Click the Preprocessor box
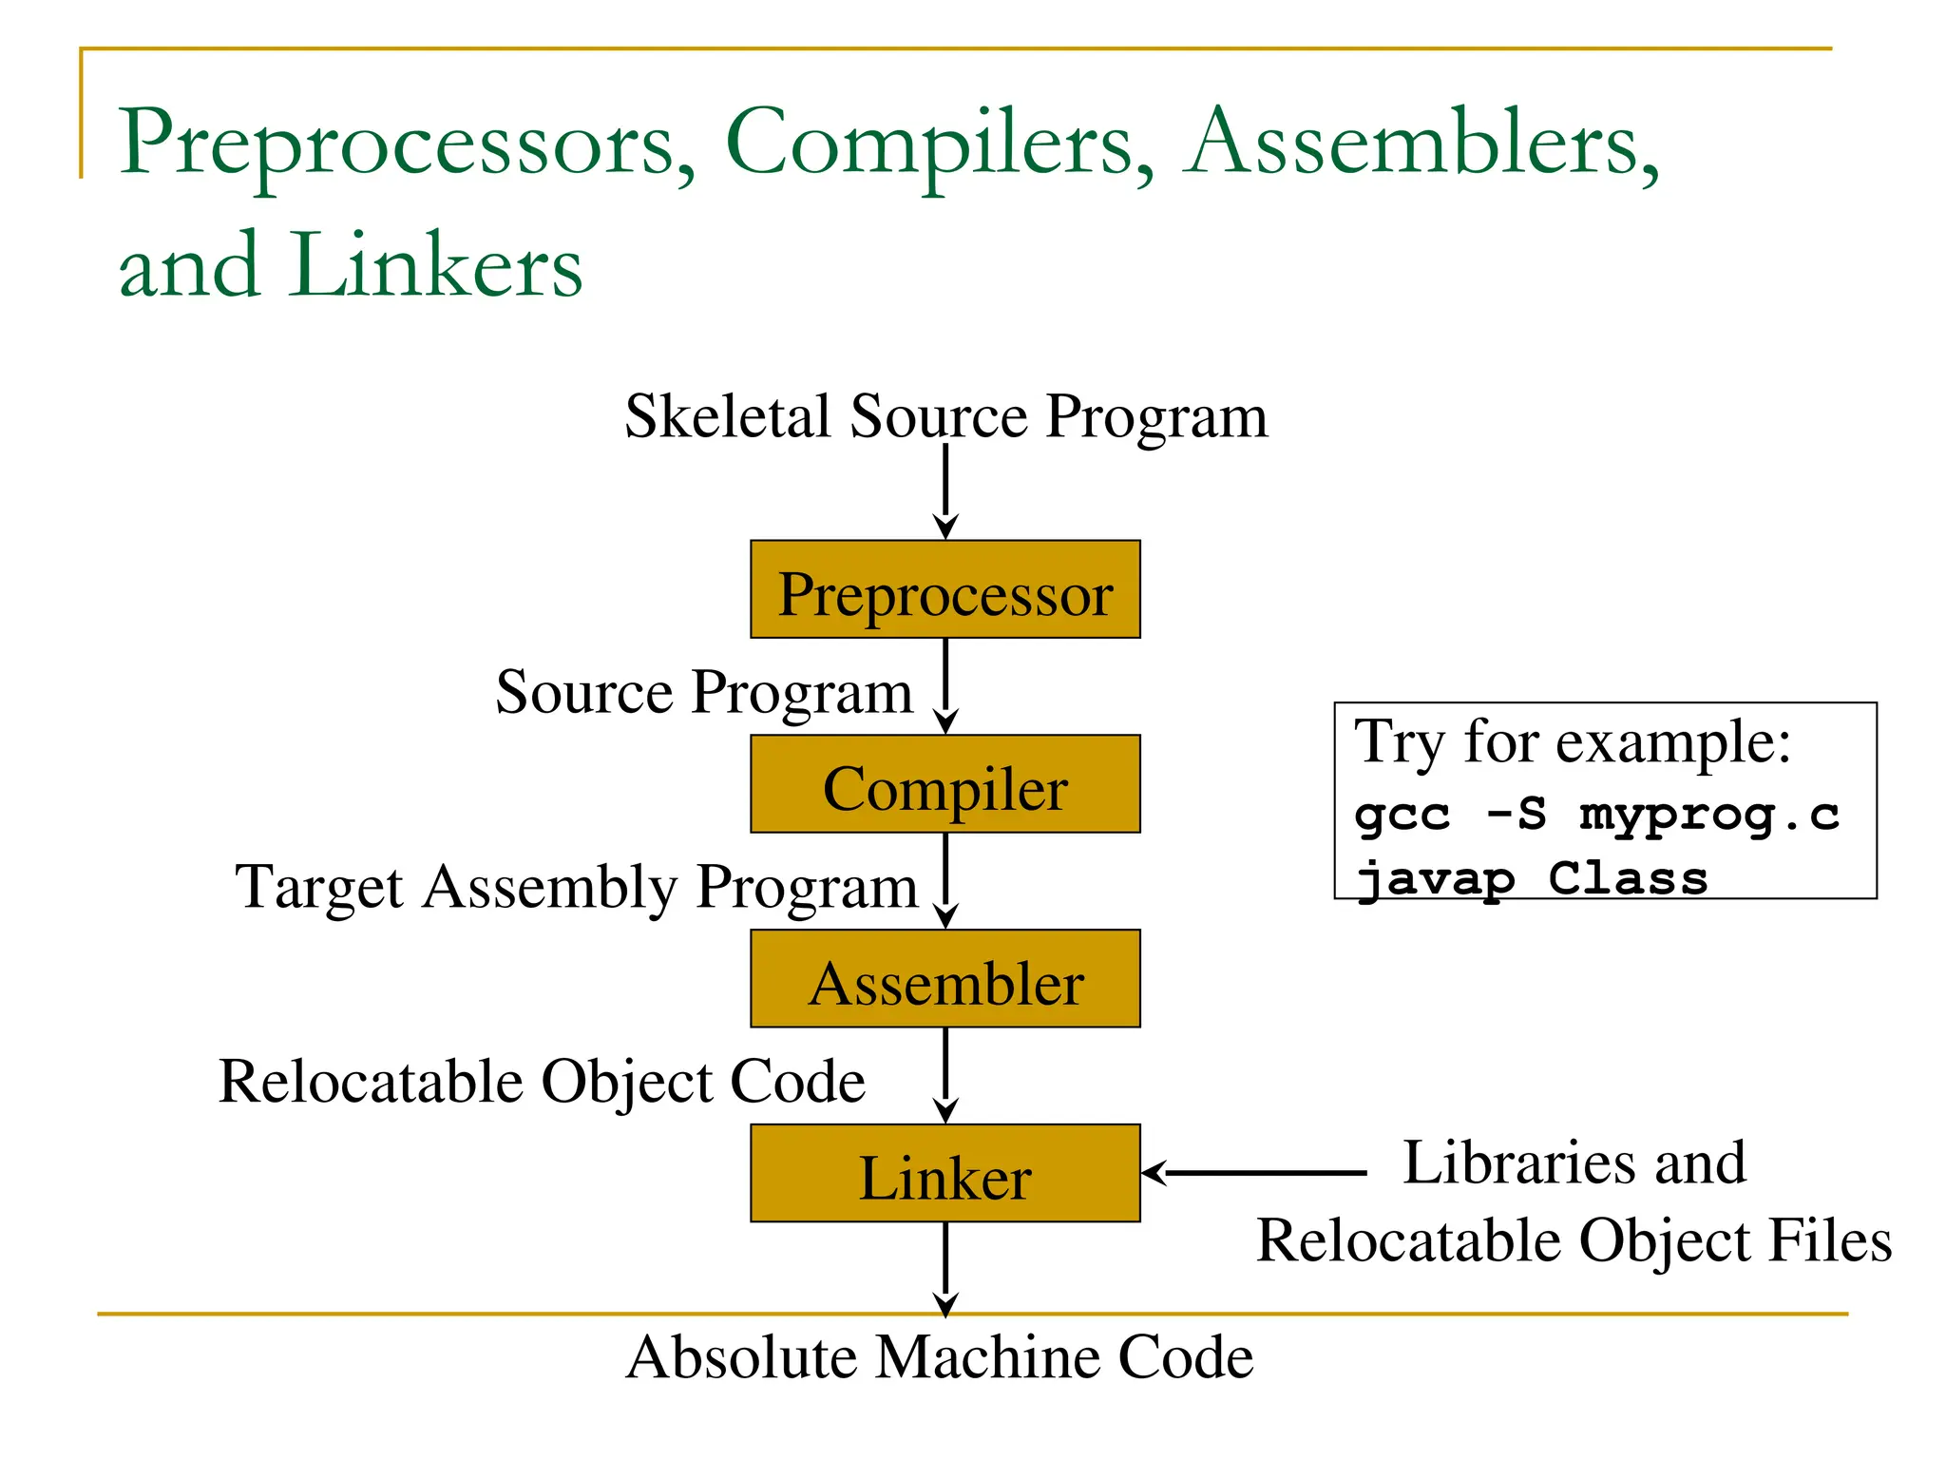coord(944,589)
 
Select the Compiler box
coord(944,784)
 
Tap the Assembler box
coord(944,979)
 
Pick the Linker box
coord(944,1173)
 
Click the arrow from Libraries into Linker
coord(1254,1173)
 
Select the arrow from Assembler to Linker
coord(945,1075)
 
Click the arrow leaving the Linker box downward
coord(945,1268)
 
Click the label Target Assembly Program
coord(576,887)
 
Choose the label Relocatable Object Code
coord(542,1082)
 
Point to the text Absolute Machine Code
coord(940,1356)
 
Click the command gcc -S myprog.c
coord(1596,815)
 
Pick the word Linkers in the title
coord(435,266)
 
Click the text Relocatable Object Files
coord(1574,1241)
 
